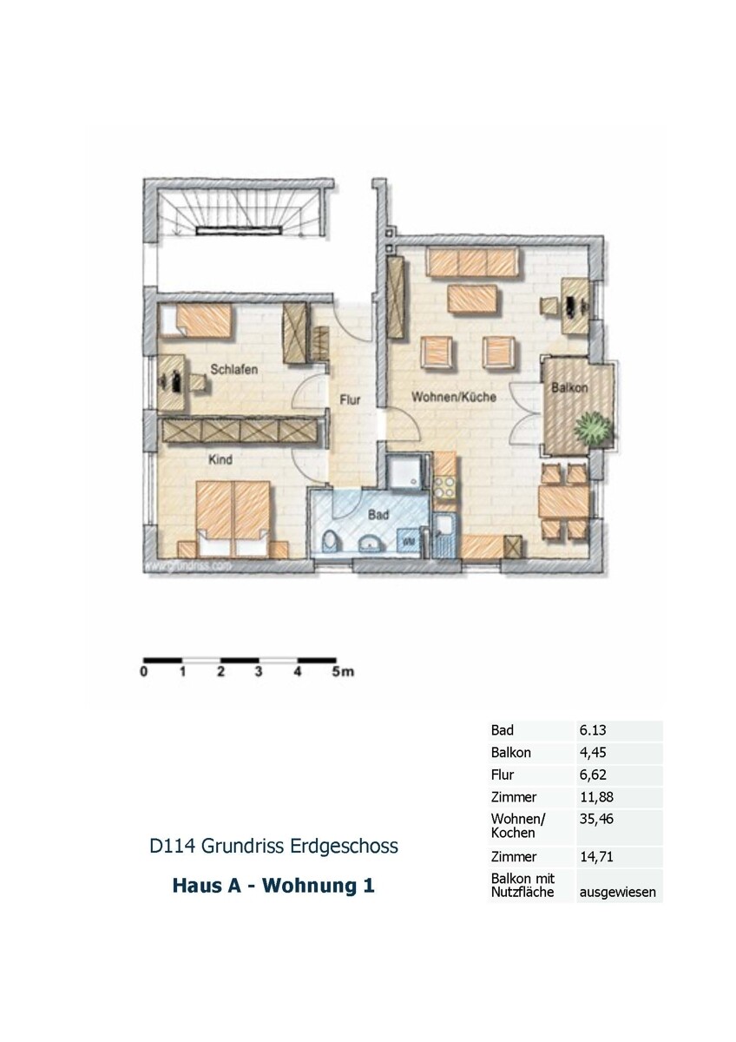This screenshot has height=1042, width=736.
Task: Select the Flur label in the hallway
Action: pyautogui.click(x=350, y=400)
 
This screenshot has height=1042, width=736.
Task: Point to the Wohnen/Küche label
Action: pyautogui.click(x=454, y=397)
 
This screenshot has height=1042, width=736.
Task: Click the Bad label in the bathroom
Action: pyautogui.click(x=378, y=514)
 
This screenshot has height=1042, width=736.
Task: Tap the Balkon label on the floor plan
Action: pyautogui.click(x=569, y=388)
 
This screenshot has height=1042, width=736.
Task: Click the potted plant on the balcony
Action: pyautogui.click(x=594, y=428)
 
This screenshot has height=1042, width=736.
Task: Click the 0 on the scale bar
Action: pyautogui.click(x=143, y=671)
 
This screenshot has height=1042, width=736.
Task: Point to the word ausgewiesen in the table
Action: pyautogui.click(x=618, y=892)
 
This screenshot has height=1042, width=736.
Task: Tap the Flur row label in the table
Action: pyautogui.click(x=502, y=775)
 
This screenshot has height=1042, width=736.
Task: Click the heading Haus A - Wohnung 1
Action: pyautogui.click(x=273, y=887)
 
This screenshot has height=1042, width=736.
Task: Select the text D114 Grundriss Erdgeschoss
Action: pyautogui.click(x=274, y=845)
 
